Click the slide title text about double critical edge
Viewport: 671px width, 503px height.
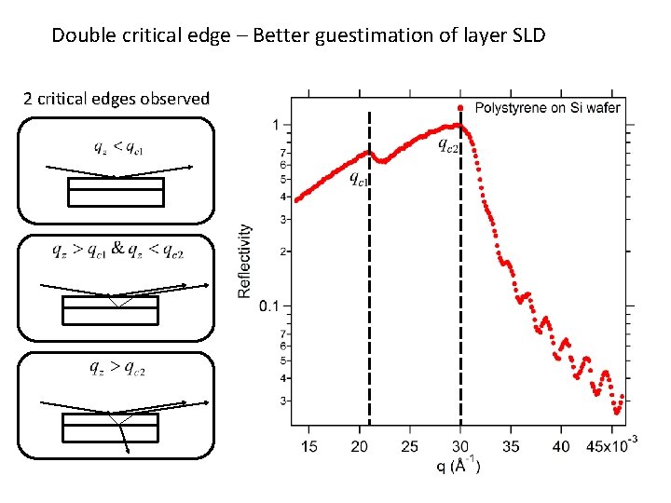[298, 35]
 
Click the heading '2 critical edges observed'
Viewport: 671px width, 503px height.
[116, 98]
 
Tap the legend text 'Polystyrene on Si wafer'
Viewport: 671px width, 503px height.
[547, 108]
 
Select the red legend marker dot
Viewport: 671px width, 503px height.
[460, 107]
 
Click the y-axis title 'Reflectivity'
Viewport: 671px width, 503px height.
[245, 261]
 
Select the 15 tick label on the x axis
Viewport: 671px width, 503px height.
[308, 447]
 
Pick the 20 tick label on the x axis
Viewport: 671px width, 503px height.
[360, 447]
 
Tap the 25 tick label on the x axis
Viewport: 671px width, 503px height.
[410, 447]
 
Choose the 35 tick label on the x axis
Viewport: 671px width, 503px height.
[511, 447]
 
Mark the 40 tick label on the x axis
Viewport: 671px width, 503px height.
[561, 447]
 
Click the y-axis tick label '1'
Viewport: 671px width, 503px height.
[275, 125]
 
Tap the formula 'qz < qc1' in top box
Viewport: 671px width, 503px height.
[118, 147]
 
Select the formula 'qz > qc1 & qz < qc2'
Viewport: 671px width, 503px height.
[117, 250]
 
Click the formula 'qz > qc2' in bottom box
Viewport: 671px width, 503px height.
[117, 367]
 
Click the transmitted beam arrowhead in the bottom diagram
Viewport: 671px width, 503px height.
[128, 451]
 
